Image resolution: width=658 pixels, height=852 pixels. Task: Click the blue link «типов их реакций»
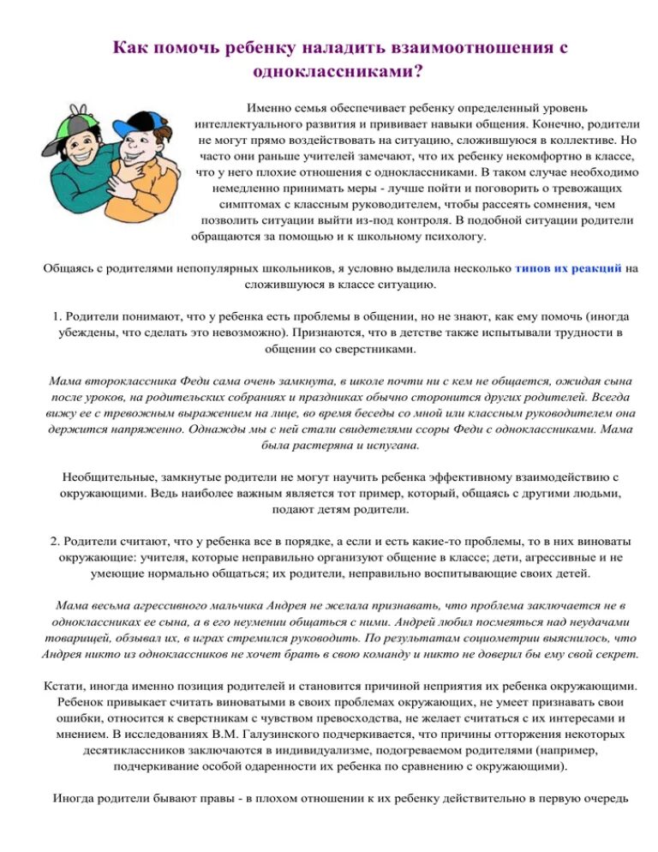click(x=568, y=268)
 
